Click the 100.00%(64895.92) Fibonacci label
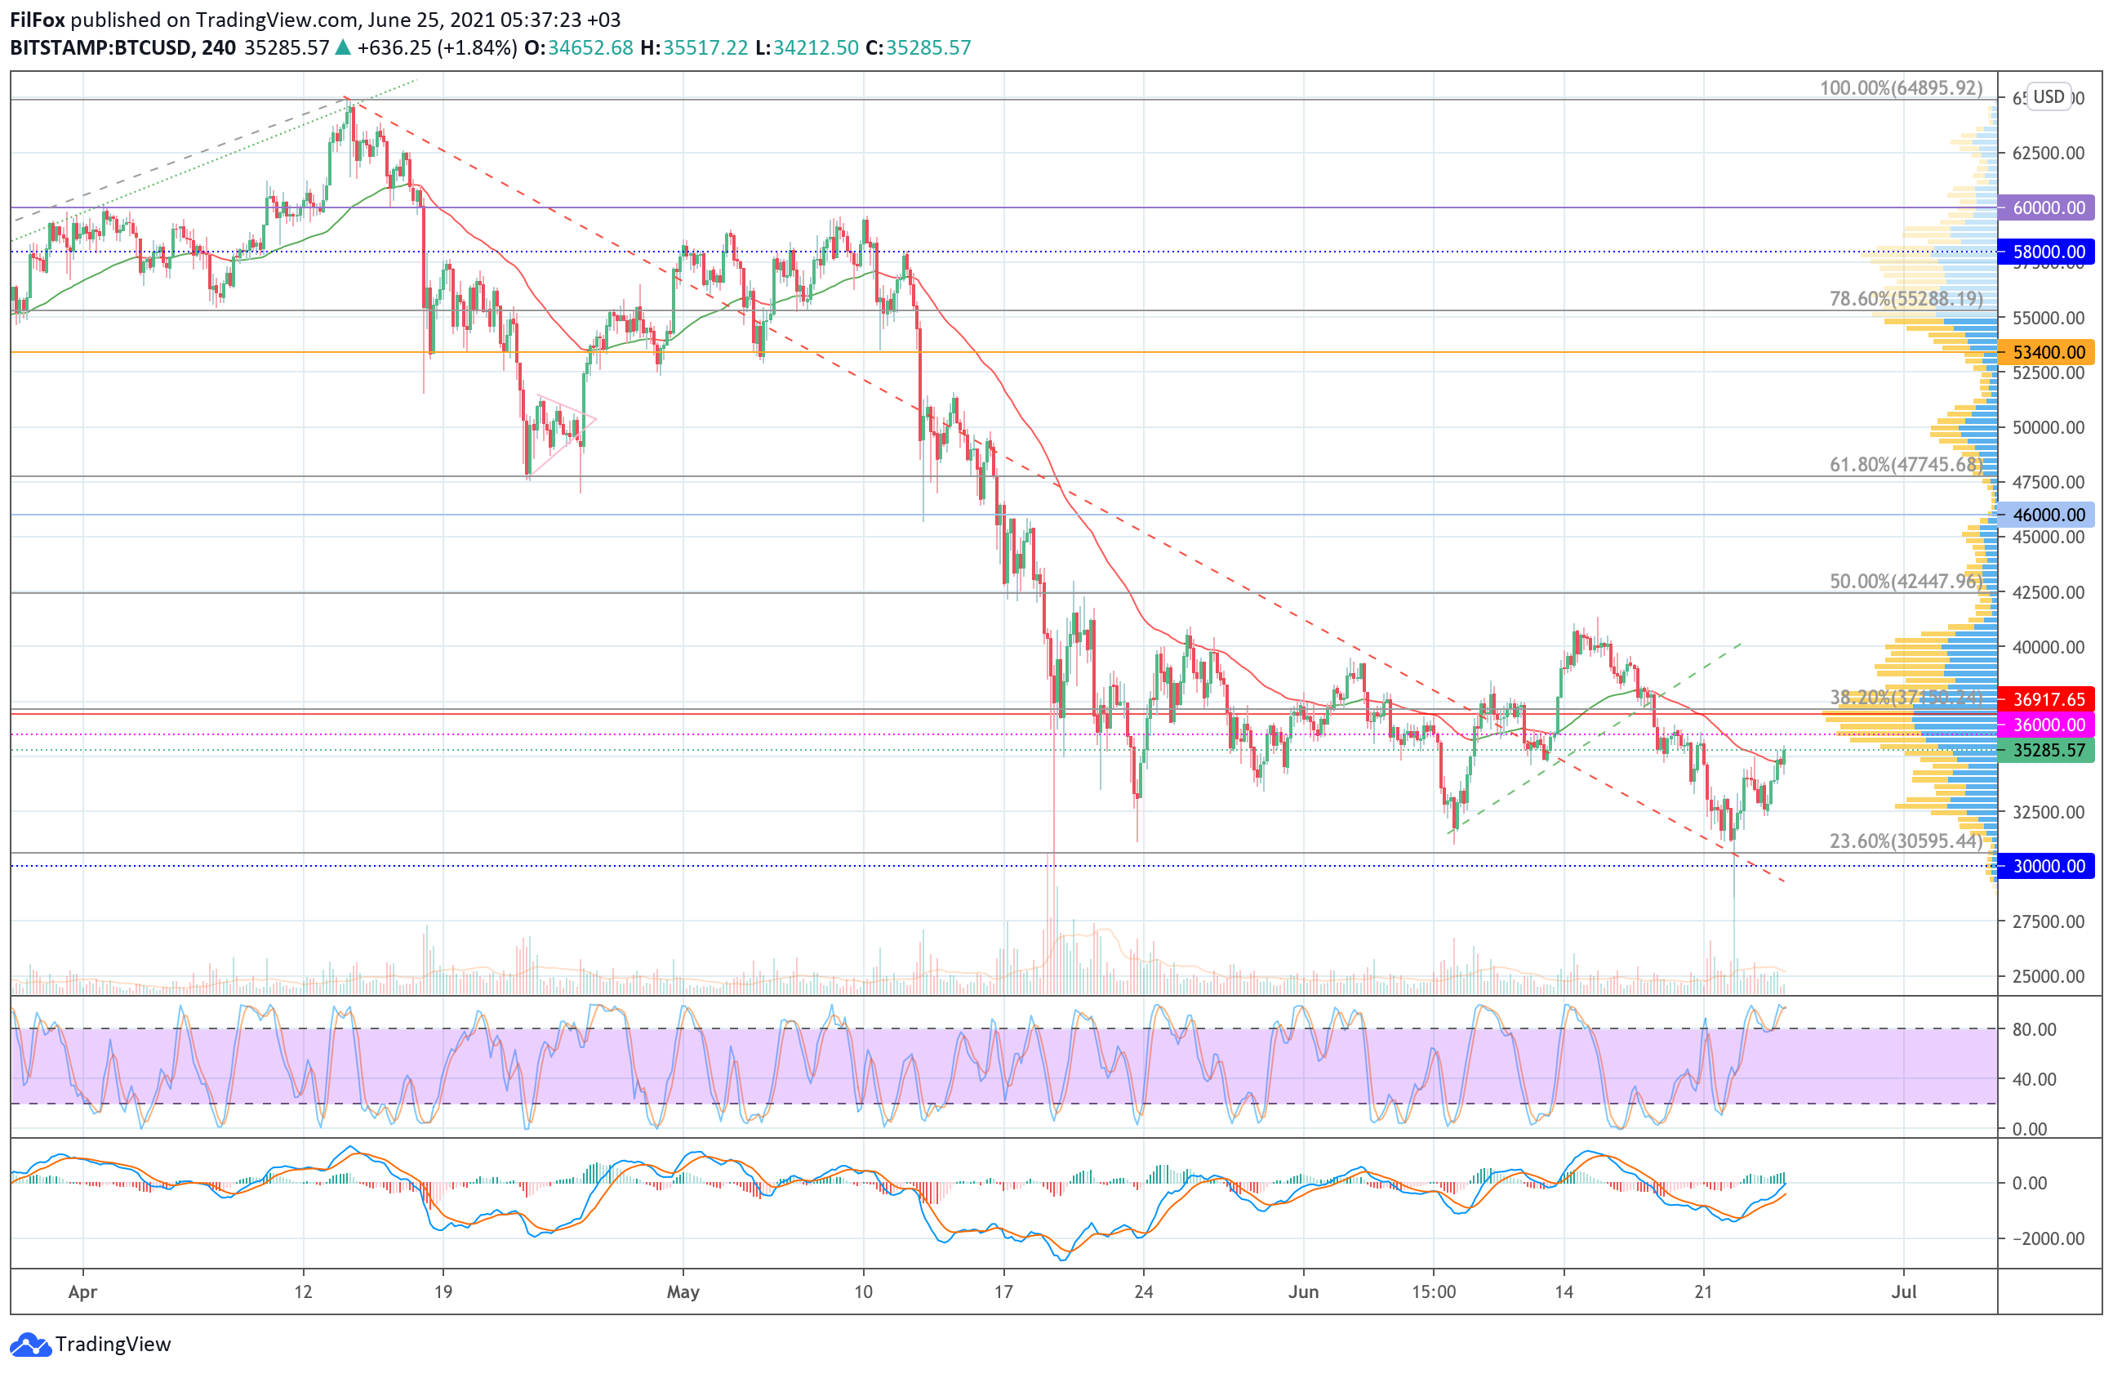pos(1901,88)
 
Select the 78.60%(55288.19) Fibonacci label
pos(1906,298)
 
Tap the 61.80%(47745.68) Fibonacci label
pos(1906,465)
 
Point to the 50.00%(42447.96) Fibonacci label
pos(1906,582)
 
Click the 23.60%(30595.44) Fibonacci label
pos(1906,841)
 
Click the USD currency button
pos(2049,97)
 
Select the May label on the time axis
pos(683,1292)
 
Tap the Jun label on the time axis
pos(1303,1292)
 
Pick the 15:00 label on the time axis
pos(1434,1292)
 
